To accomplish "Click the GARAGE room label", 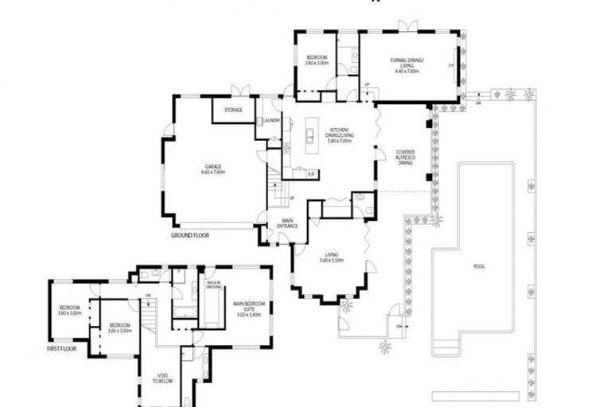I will point(212,166).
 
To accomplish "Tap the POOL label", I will point(478,266).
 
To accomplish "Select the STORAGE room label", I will point(233,110).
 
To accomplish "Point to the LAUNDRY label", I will point(271,121).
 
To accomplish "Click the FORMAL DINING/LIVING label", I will point(407,61).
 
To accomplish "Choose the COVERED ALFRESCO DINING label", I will point(406,157).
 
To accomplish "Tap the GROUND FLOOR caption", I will point(190,236).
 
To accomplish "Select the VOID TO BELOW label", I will point(158,378).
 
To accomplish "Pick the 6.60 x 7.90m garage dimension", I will point(212,172).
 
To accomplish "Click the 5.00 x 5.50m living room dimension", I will point(329,260).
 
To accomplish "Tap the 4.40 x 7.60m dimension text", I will point(407,72).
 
